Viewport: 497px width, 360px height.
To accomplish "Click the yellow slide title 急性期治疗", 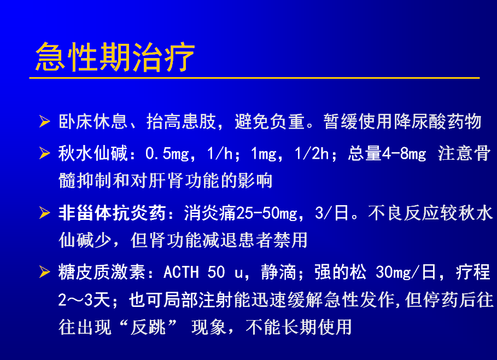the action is tap(115, 57).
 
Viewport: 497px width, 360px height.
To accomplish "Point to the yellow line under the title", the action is tap(255, 78).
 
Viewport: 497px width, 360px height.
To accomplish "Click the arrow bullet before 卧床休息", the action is tap(45, 121).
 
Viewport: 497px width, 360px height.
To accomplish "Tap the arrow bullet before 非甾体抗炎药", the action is tap(45, 212).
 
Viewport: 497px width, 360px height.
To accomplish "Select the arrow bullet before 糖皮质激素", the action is tap(45, 272).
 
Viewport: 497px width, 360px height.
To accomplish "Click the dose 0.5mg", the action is tap(167, 154).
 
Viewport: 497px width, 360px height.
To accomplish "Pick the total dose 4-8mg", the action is tap(404, 154).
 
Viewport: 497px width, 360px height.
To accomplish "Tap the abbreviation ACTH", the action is tap(182, 272).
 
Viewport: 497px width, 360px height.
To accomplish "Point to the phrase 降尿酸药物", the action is tap(438, 121).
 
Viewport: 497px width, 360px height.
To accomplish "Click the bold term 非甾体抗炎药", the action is tap(112, 213).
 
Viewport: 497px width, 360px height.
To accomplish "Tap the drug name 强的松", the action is tap(341, 272).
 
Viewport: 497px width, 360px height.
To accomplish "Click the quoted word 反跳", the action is tap(148, 327).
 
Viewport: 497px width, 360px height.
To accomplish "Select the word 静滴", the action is tap(278, 272).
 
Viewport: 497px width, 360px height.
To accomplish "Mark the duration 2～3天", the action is tap(84, 300).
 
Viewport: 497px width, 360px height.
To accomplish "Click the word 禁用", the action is tap(290, 240).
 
